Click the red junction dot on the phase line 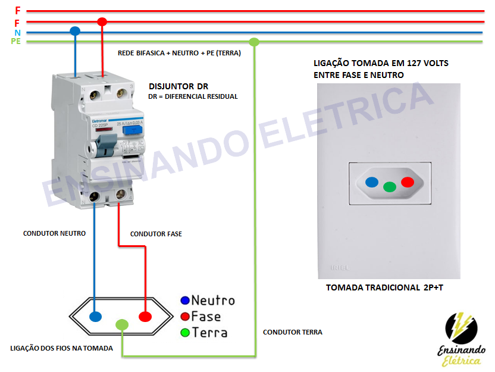click(x=102, y=22)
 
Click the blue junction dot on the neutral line click(x=75, y=31)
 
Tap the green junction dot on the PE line click(x=254, y=42)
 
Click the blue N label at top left click(x=17, y=32)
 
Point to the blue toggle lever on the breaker click(x=106, y=143)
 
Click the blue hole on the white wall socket click(x=371, y=182)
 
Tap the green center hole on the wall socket click(x=389, y=186)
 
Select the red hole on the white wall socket click(x=408, y=182)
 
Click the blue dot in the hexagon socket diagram click(x=95, y=316)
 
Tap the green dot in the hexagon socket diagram click(x=121, y=324)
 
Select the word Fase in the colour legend click(x=206, y=316)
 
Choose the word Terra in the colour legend click(x=209, y=332)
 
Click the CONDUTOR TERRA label click(x=292, y=332)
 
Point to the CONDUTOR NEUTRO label click(x=54, y=233)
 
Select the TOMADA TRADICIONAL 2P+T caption click(x=384, y=288)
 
